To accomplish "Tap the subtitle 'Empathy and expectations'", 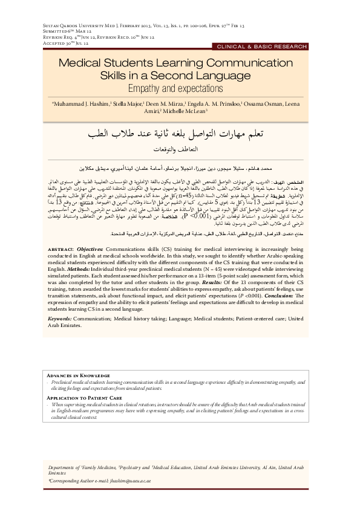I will tap(180, 88).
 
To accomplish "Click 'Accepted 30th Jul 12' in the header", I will tap(65, 43).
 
